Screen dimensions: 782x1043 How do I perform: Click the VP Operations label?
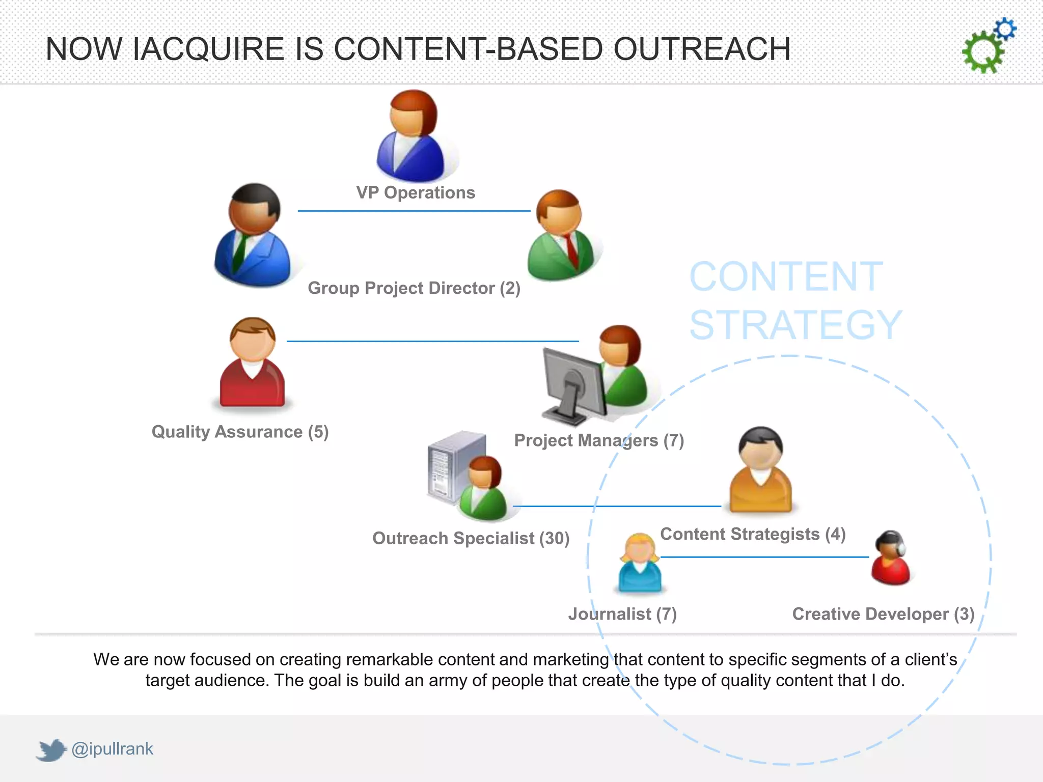pyautogui.click(x=415, y=192)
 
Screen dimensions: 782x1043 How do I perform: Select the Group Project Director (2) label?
pyautogui.click(x=414, y=288)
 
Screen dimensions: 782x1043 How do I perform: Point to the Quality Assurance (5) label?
pyautogui.click(x=240, y=432)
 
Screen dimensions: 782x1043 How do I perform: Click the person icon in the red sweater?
pyautogui.click(x=252, y=362)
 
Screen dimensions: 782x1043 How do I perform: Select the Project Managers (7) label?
pyautogui.click(x=599, y=440)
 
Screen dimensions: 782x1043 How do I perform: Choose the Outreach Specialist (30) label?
pyautogui.click(x=471, y=538)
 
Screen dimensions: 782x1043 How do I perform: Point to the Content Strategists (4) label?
pyautogui.click(x=753, y=534)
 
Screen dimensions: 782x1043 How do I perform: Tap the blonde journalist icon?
pyautogui.click(x=640, y=564)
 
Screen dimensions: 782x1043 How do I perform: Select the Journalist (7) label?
pyautogui.click(x=622, y=614)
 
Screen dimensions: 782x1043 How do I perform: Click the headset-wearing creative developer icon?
pyautogui.click(x=891, y=558)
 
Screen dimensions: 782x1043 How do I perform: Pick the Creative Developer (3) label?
pyautogui.click(x=883, y=614)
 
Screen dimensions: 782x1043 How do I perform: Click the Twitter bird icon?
pyautogui.click(x=51, y=750)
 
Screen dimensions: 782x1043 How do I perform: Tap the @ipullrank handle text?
pyautogui.click(x=112, y=749)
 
